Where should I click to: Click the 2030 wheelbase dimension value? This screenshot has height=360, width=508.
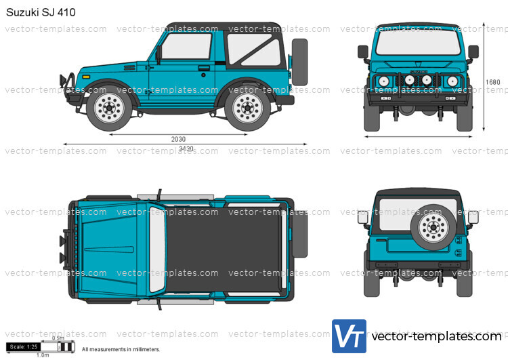point(178,139)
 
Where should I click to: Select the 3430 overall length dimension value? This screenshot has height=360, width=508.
point(185,149)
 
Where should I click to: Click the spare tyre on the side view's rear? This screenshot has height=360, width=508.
point(299,61)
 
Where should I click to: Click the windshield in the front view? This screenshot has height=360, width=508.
point(418,43)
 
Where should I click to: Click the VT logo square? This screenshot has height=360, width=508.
point(349,337)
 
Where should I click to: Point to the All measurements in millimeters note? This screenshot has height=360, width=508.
point(121,350)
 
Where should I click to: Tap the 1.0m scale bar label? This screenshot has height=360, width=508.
point(42,355)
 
